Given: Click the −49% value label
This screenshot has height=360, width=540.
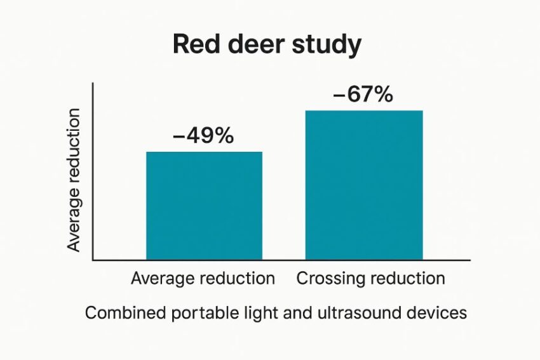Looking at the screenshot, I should (203, 136).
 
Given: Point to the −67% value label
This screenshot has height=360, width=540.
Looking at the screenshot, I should (363, 95).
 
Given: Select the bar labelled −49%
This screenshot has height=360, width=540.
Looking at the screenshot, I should (204, 206).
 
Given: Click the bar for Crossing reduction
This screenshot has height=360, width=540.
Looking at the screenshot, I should (364, 185).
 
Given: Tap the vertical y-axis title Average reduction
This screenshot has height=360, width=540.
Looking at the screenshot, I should (74, 180).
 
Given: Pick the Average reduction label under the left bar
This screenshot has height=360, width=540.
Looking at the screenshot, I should (203, 279).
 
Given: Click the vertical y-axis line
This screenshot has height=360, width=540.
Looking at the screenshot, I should (93, 171).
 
